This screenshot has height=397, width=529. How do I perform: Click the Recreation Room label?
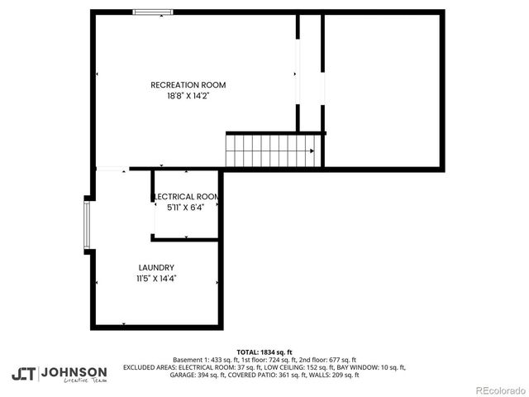pos(188,84)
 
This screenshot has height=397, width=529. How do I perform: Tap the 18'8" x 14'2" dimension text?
pos(188,95)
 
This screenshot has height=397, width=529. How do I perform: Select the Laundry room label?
pos(156,267)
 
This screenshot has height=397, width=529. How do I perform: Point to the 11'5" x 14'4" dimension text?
pos(156,279)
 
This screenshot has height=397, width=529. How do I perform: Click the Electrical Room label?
pos(187,196)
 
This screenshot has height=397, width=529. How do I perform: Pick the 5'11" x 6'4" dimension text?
pos(187,208)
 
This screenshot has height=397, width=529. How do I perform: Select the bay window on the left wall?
pos(86,224)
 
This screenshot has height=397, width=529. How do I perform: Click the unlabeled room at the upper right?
pos(381,87)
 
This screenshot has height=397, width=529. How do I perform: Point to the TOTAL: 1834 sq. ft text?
pos(264,352)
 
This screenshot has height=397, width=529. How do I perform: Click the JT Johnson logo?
pos(59,374)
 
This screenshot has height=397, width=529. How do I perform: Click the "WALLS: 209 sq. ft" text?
pos(332,375)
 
